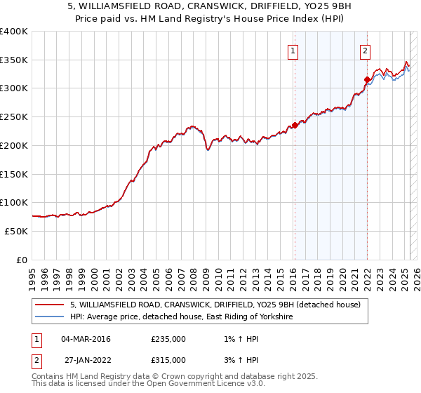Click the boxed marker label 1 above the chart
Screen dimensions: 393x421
(x=292, y=50)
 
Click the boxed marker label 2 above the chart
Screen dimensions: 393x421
(x=366, y=50)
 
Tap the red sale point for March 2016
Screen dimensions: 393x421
(x=295, y=126)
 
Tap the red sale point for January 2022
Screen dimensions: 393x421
(x=367, y=79)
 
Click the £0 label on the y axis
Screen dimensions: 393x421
(x=23, y=260)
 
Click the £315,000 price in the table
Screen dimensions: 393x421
(x=168, y=360)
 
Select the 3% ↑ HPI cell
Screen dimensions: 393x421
(x=240, y=360)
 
